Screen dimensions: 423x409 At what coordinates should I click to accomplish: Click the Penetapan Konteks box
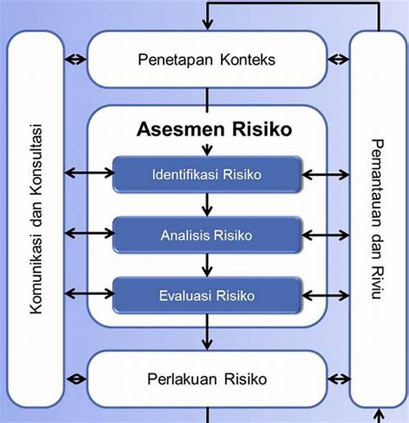[x=206, y=59]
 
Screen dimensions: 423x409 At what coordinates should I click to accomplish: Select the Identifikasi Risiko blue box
[x=206, y=175]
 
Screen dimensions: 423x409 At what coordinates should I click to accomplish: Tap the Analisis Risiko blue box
[x=206, y=236]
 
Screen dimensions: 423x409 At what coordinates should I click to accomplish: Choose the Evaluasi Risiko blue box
[x=206, y=296]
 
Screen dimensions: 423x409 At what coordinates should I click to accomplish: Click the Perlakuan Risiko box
[x=206, y=378]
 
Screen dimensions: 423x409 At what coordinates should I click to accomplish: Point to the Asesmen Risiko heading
[x=206, y=129]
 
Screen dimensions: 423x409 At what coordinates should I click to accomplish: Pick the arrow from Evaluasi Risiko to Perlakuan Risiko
[x=206, y=334]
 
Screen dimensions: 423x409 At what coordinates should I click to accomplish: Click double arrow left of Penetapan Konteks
[x=76, y=59]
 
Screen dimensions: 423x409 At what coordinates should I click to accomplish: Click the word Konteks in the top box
[x=247, y=59]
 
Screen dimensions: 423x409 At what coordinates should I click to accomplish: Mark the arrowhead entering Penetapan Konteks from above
[x=206, y=26]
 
